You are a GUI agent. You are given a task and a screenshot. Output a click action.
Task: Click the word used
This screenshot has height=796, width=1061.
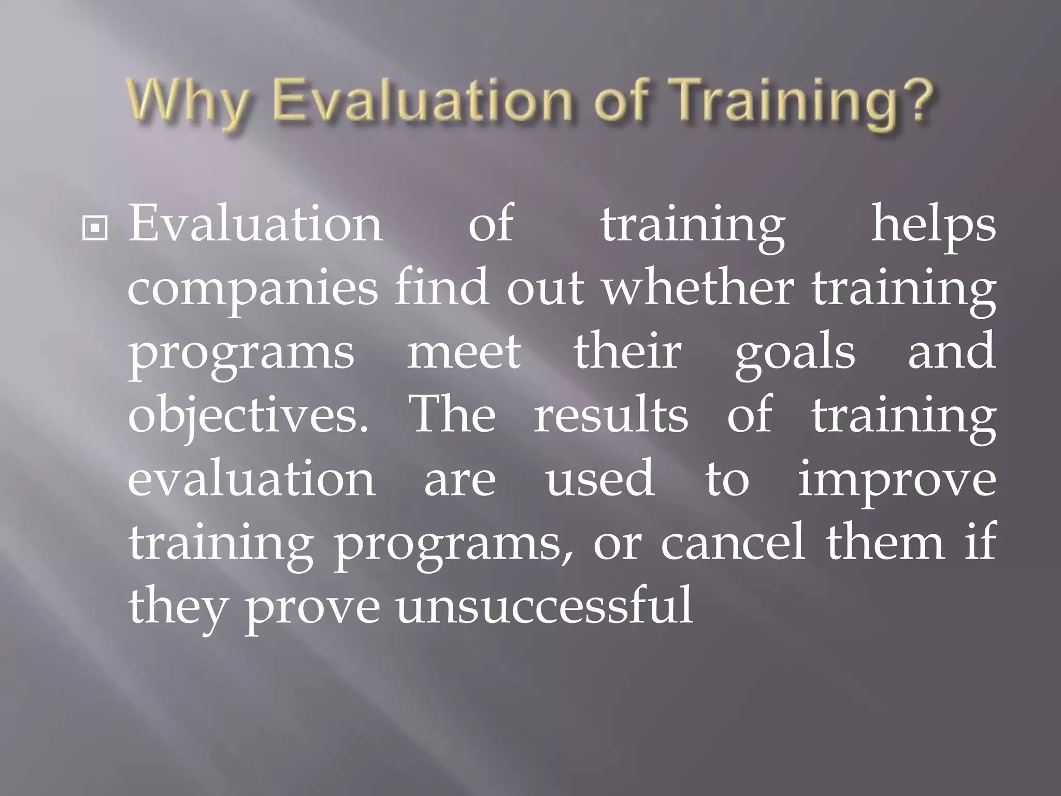[x=599, y=478]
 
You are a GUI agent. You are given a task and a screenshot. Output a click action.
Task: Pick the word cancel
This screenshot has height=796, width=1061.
[x=733, y=543]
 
